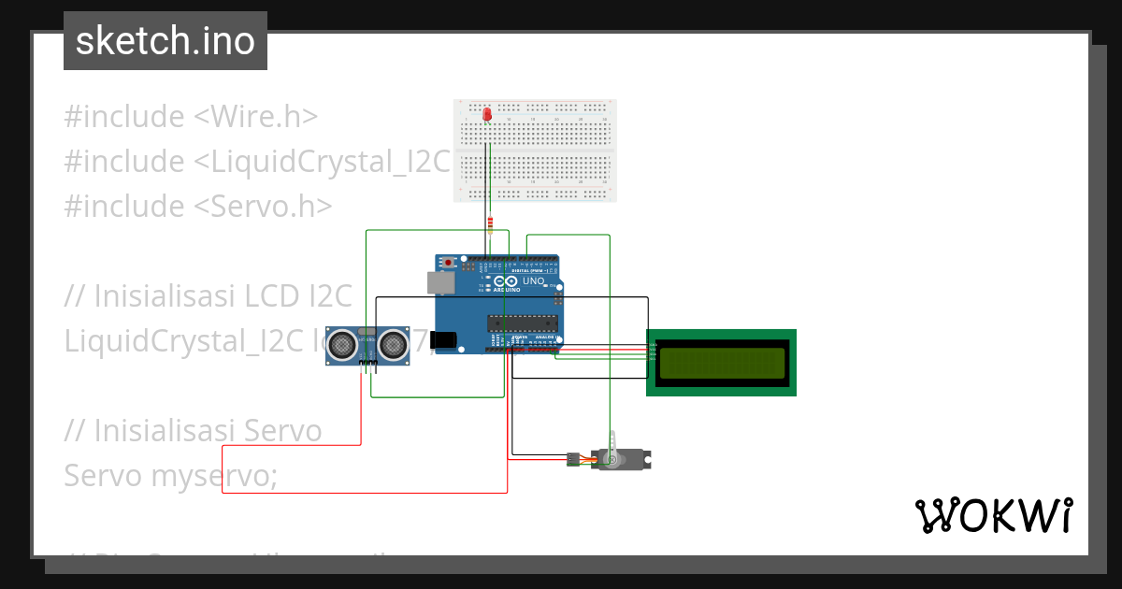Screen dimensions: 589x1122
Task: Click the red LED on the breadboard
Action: tap(487, 114)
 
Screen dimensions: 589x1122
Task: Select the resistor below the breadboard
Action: tap(490, 225)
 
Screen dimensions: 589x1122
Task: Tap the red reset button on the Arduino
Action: tap(449, 262)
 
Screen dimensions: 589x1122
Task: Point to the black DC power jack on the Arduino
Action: tap(442, 341)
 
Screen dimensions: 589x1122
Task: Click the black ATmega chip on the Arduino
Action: tap(522, 323)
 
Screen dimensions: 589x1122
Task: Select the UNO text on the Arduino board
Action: tap(533, 280)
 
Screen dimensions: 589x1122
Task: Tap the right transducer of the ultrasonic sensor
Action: tap(394, 345)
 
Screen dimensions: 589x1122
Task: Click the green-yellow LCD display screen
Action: tap(721, 363)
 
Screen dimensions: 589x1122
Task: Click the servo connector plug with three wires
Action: tap(571, 459)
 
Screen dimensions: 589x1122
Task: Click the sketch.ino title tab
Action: tap(165, 41)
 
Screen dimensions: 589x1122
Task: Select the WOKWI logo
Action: tap(993, 515)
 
